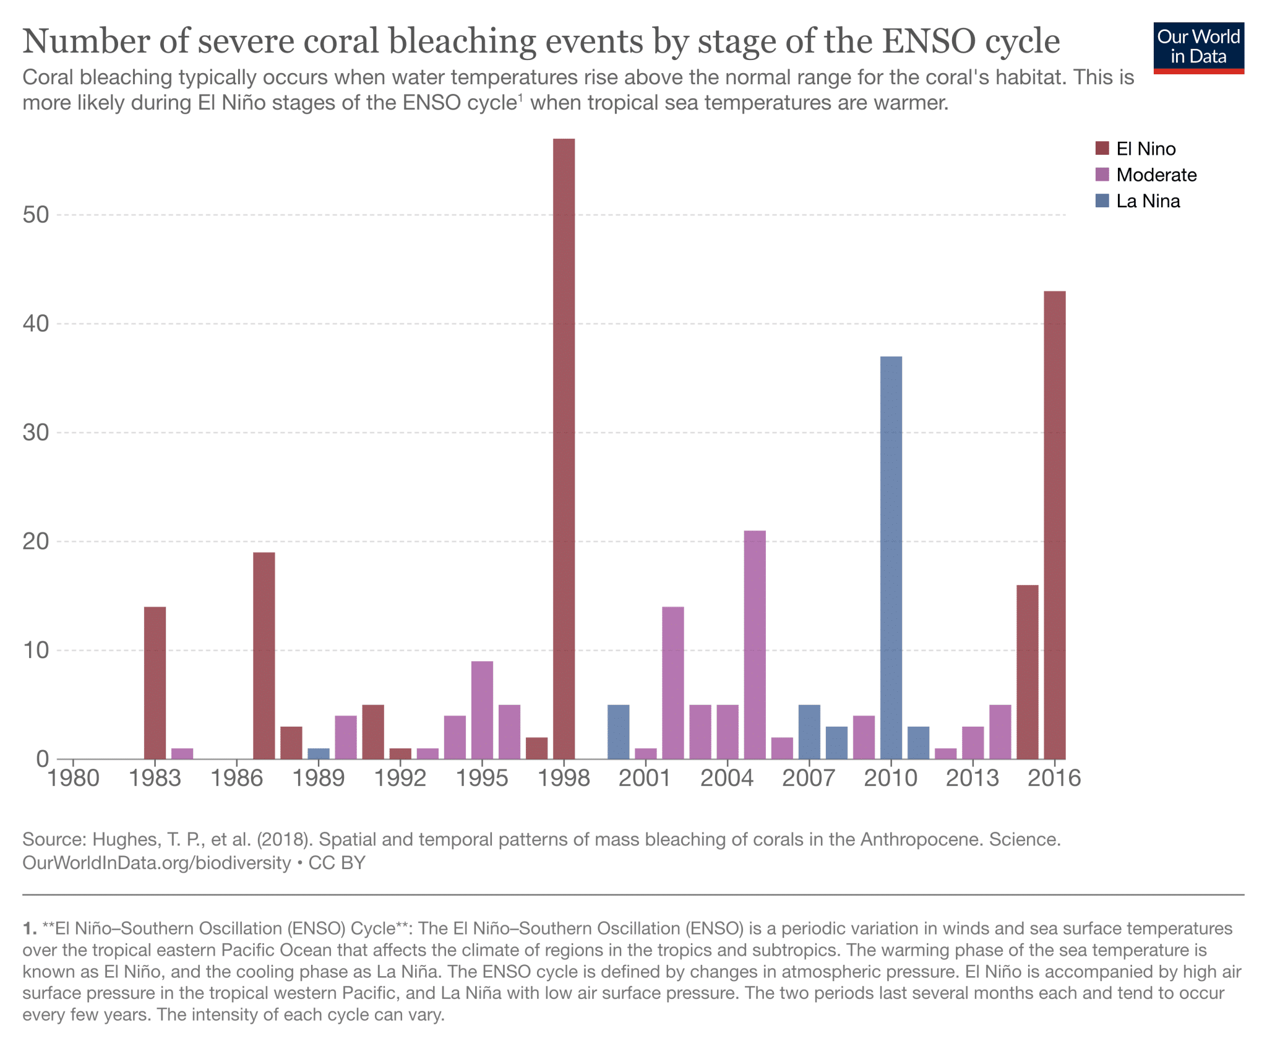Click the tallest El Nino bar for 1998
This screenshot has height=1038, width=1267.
(564, 448)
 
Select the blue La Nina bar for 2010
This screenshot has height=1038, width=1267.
(891, 557)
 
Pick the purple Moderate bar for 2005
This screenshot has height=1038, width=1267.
(755, 644)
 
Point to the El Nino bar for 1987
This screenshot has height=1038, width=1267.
(264, 655)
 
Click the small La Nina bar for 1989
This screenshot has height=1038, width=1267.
(319, 753)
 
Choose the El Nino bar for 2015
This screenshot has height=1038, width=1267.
(1028, 672)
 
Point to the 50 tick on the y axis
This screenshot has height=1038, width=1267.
(36, 215)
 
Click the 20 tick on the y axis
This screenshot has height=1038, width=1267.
(36, 542)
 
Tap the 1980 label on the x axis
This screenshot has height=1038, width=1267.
(74, 778)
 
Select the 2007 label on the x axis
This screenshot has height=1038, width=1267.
(809, 778)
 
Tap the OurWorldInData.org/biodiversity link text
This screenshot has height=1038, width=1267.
(157, 863)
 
